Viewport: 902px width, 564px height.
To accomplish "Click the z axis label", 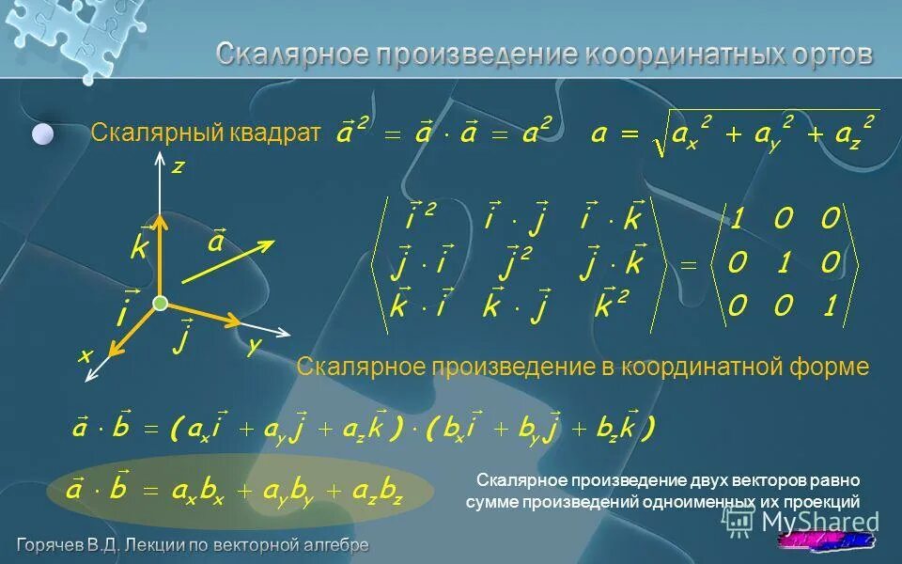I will [x=177, y=166].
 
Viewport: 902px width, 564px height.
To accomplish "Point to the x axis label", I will [x=84, y=356].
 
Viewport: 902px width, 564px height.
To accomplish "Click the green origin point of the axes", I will [x=160, y=303].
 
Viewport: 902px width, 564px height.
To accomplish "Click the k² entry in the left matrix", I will [x=612, y=305].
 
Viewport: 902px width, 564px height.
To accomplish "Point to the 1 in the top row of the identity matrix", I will [x=739, y=220].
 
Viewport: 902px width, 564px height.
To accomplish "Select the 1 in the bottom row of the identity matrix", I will [x=828, y=305].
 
